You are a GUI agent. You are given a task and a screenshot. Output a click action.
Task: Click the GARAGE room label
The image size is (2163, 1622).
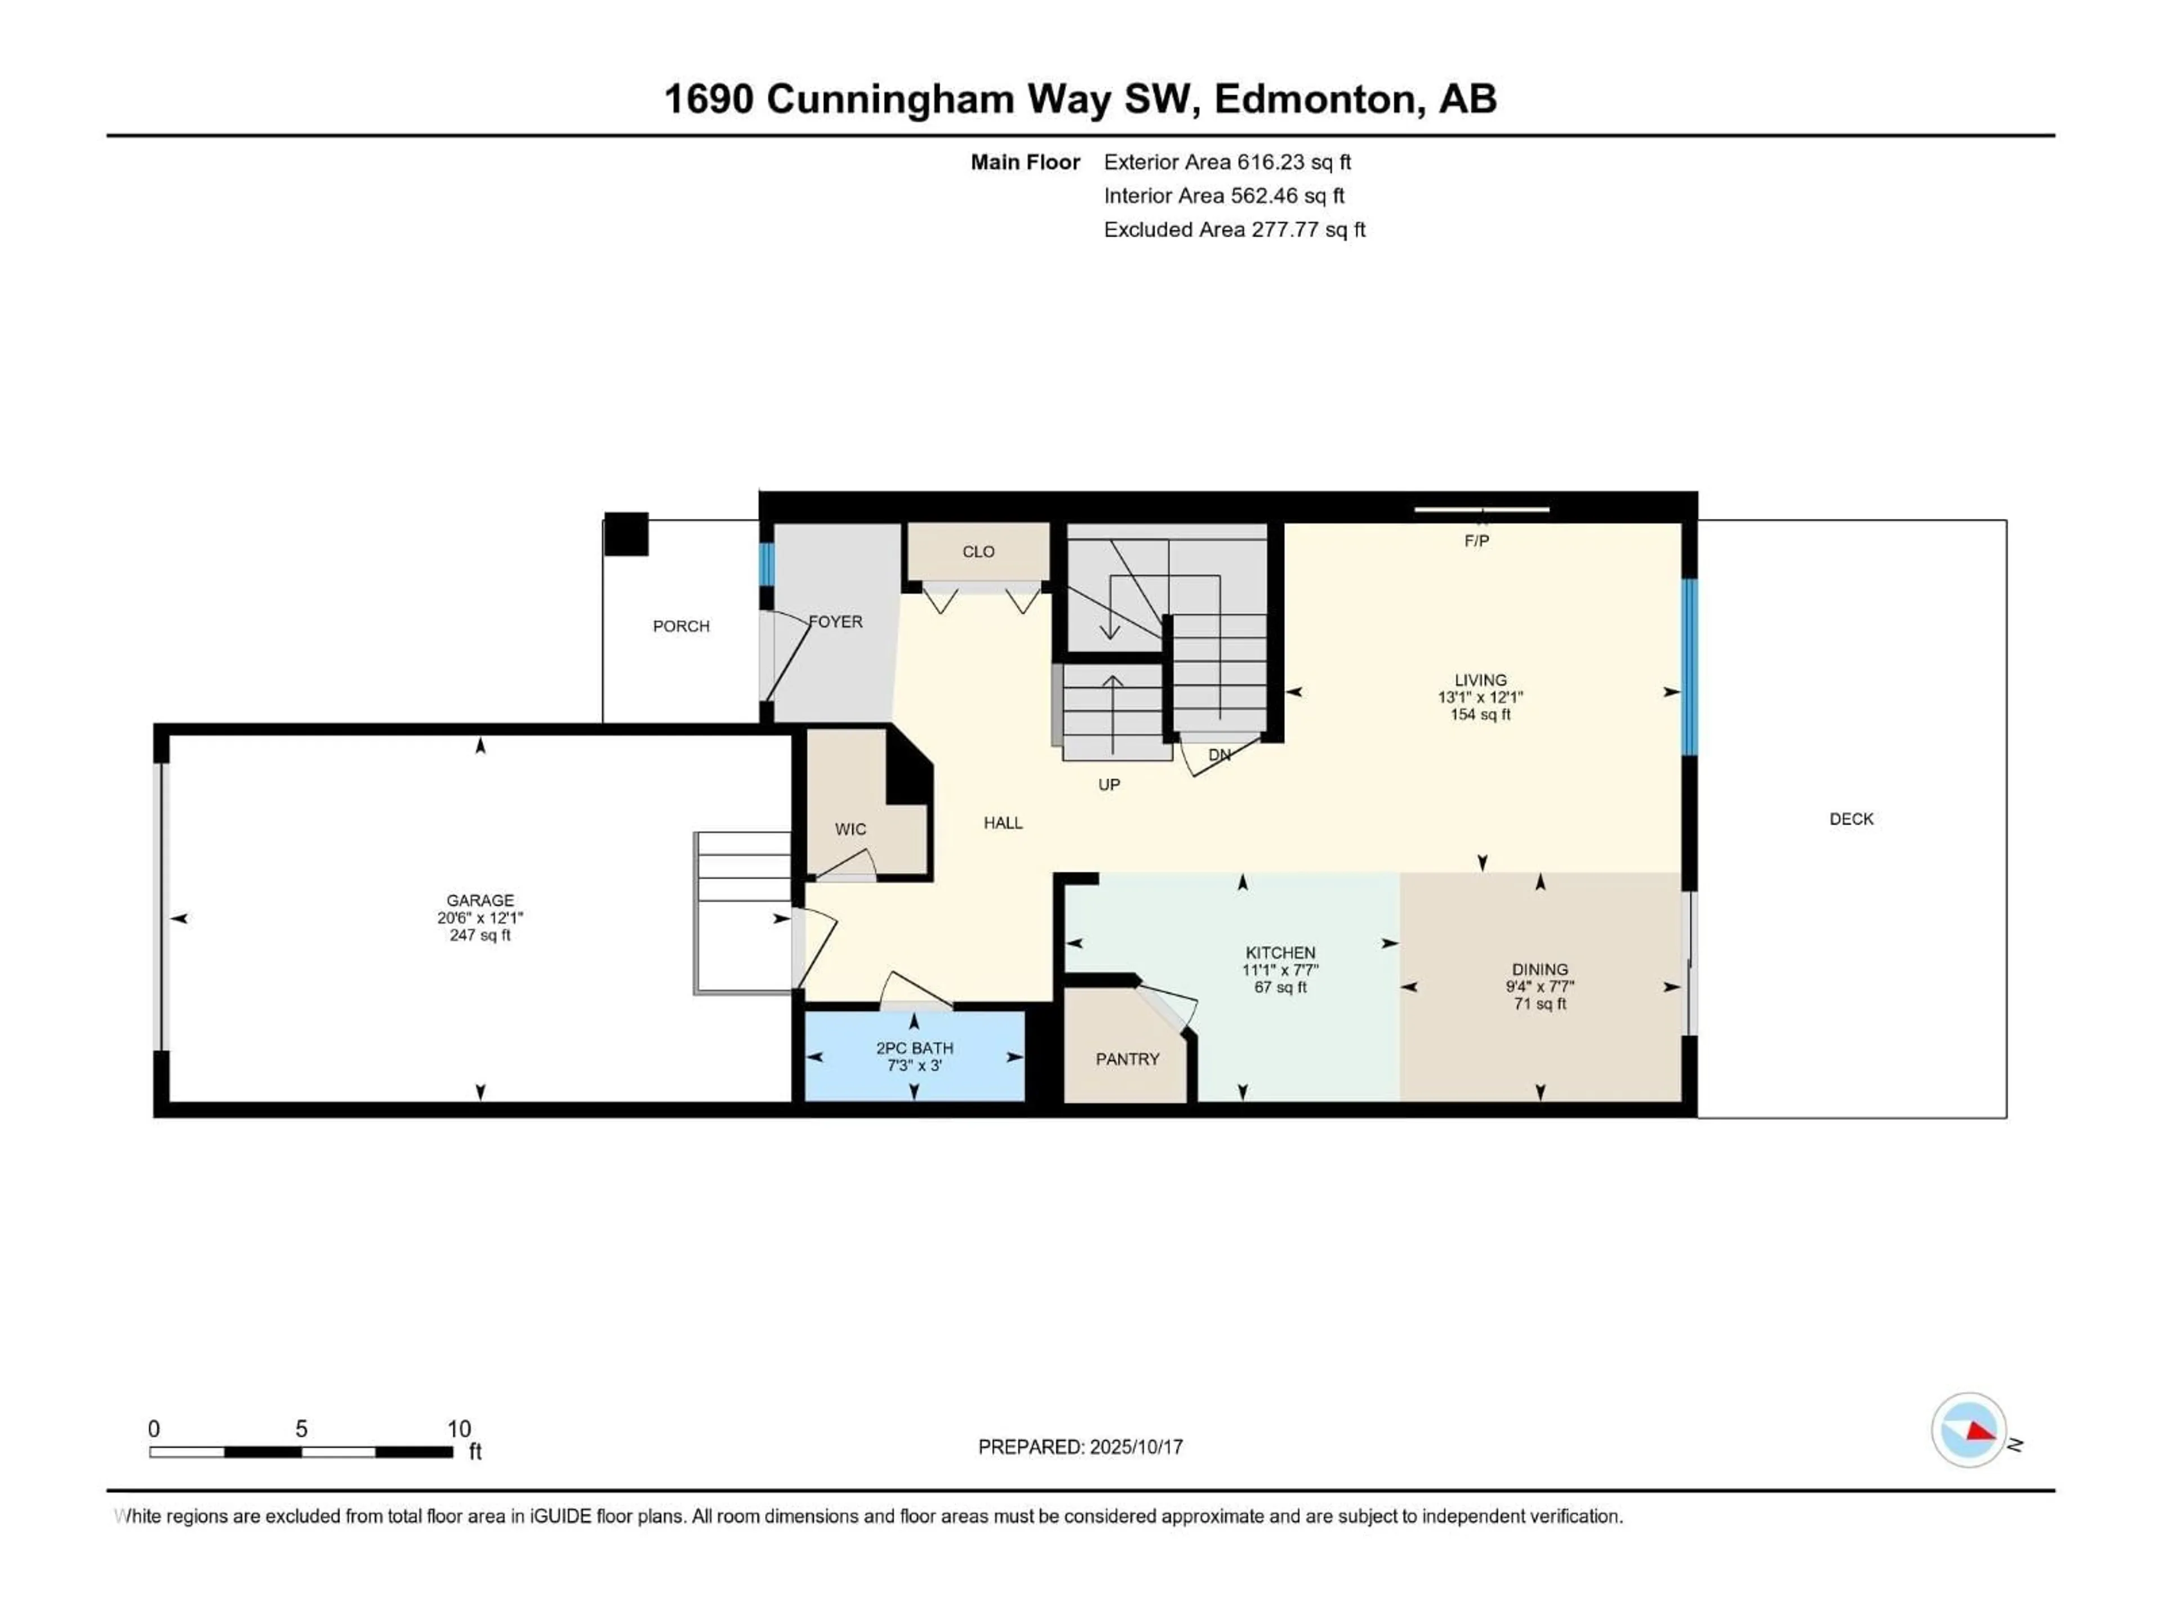coord(479,901)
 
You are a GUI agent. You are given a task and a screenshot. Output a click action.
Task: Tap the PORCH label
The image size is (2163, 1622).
coord(682,626)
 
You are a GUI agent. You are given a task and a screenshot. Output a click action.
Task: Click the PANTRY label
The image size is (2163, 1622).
coord(1128,1059)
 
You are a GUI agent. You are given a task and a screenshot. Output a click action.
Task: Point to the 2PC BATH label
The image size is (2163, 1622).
coord(914,1048)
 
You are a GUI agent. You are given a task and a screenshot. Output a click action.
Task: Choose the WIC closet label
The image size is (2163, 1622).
coord(850,829)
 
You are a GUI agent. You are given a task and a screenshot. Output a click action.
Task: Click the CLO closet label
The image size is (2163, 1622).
coord(978,551)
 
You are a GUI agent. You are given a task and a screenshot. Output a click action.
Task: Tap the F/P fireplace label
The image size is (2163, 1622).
coord(1476,541)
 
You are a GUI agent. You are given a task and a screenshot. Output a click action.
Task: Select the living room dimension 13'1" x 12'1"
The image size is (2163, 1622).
coord(1480,697)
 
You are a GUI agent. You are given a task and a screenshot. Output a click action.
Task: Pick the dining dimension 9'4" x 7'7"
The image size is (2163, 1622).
coord(1540,987)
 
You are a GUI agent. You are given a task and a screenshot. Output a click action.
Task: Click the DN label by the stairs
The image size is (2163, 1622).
coord(1220,755)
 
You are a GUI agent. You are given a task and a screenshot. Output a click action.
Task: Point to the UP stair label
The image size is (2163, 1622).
coord(1109,784)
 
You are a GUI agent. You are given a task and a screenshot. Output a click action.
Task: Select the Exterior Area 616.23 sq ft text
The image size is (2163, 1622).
coord(1227,162)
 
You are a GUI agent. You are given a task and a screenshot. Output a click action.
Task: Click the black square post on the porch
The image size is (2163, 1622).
coord(626,534)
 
